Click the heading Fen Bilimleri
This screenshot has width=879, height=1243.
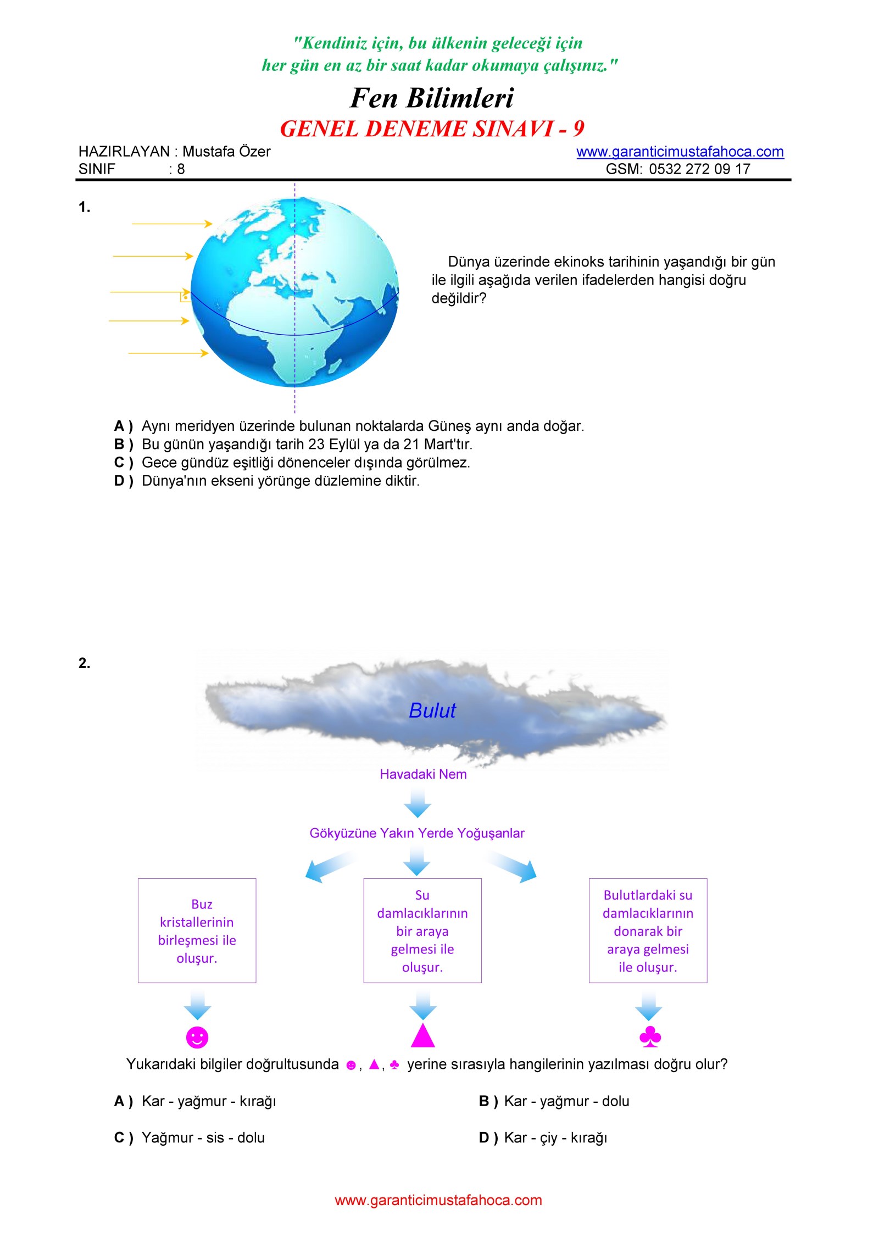click(x=432, y=98)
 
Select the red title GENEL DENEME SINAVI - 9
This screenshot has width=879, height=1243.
click(x=432, y=129)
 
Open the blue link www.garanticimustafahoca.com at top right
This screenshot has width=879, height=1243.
click(x=680, y=152)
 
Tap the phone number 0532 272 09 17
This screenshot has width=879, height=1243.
click(x=699, y=169)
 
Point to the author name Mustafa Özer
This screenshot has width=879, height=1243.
click(x=226, y=152)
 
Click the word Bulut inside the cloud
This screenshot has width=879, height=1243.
click(x=432, y=711)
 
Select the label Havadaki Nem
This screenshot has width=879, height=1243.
click(x=423, y=774)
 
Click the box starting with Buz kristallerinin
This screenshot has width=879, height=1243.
click(x=197, y=930)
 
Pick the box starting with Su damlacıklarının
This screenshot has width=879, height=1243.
click(x=422, y=930)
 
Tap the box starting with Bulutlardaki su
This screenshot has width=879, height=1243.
click(x=648, y=930)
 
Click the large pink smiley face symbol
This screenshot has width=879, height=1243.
click(x=197, y=1037)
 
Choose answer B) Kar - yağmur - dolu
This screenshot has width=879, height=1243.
click(x=554, y=1101)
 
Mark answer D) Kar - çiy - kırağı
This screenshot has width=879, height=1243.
click(x=543, y=1137)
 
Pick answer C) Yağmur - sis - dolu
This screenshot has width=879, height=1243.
click(x=190, y=1137)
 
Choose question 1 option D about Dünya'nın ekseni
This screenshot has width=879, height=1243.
click(x=267, y=481)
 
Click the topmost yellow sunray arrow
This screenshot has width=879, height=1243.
click(x=172, y=224)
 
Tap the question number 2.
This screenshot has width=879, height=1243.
click(x=84, y=663)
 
